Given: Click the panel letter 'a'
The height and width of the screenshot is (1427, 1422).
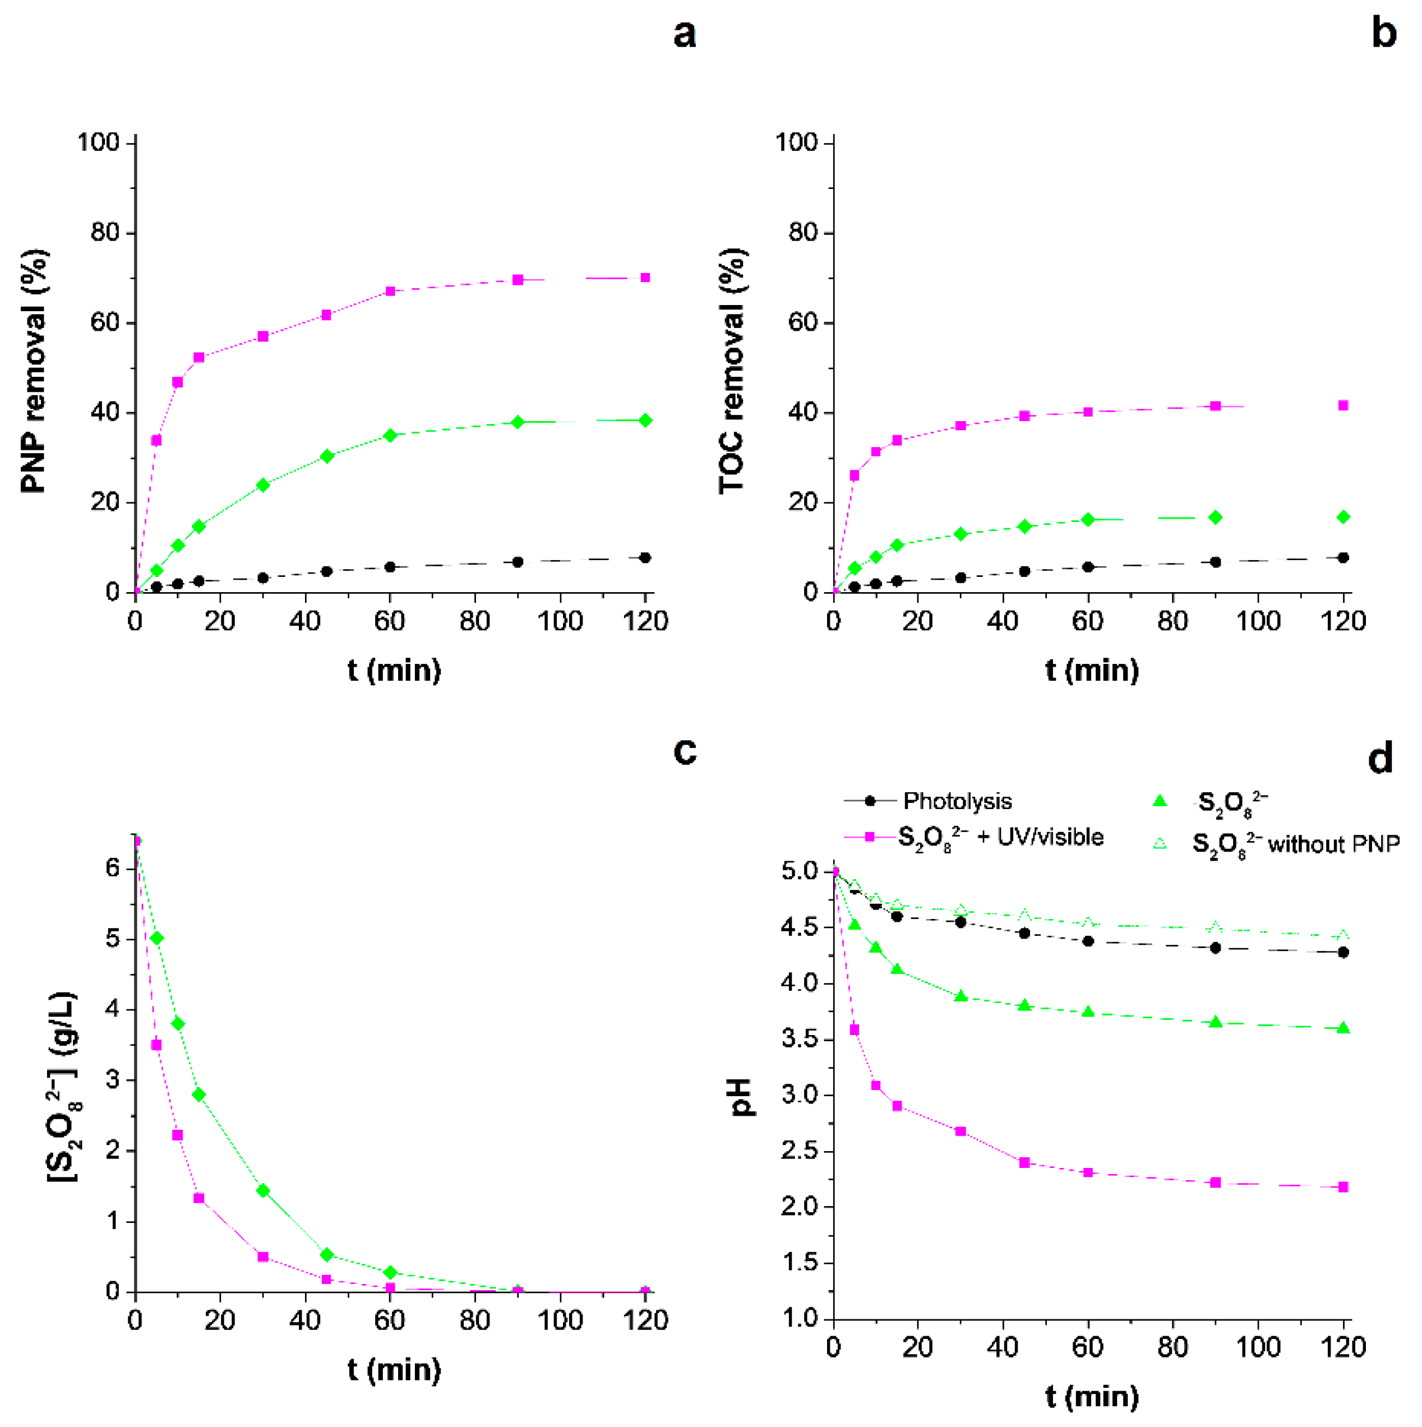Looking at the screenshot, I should click(684, 35).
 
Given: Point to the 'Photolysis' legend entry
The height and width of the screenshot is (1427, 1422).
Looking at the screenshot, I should click(957, 801).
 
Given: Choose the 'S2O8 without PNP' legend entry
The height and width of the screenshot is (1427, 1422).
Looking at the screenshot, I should click(1296, 843).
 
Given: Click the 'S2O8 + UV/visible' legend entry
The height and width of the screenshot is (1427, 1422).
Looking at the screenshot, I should click(1000, 838).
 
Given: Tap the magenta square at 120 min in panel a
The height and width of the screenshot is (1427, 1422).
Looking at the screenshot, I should click(645, 278).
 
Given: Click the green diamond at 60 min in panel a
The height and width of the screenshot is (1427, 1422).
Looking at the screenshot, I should click(390, 436).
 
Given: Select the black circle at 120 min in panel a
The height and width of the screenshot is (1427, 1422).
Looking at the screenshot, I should click(645, 558).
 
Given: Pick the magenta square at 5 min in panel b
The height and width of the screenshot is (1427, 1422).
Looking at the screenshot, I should click(855, 475).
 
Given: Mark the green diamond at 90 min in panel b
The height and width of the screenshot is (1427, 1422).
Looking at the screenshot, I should click(1215, 517).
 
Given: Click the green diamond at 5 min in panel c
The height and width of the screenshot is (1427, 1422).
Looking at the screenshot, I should click(156, 938).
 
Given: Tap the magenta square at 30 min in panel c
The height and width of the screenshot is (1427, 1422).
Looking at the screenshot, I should click(263, 1257).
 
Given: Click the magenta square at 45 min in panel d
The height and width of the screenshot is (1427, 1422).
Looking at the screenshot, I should click(1024, 1162).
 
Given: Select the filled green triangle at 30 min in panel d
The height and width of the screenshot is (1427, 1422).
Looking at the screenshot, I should click(961, 996).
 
